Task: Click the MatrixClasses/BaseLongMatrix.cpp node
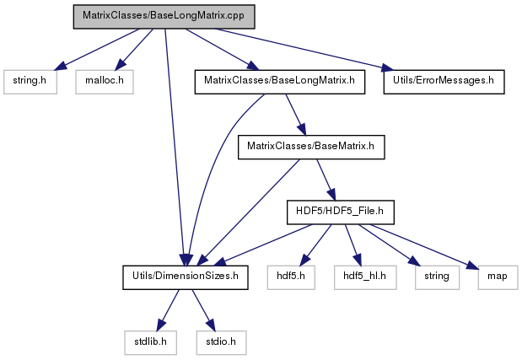click(164, 17)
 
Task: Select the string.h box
click(30, 82)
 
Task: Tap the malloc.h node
click(105, 82)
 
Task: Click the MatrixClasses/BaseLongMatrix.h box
click(280, 82)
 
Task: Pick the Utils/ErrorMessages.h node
click(444, 82)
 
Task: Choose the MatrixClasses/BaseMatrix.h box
click(311, 147)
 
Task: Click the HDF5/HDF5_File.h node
click(341, 212)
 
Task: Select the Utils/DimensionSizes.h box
click(185, 277)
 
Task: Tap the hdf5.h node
click(291, 277)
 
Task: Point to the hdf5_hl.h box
click(365, 277)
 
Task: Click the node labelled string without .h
click(437, 277)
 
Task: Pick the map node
click(498, 277)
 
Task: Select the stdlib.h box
click(150, 342)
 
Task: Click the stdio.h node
click(221, 342)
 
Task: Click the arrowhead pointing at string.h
click(61, 66)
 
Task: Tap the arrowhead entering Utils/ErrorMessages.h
click(388, 67)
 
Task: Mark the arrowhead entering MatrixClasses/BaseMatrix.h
click(301, 129)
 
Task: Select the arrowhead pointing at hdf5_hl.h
click(357, 260)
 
